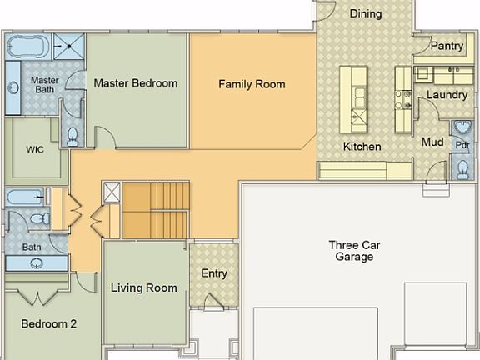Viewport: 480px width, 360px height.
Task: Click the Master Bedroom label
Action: click(135, 83)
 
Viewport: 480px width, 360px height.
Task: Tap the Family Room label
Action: click(252, 84)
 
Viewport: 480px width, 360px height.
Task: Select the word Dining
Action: click(366, 14)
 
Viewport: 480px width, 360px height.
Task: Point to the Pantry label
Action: click(447, 46)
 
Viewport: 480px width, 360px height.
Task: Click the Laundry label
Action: click(447, 95)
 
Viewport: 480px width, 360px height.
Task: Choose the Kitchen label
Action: click(362, 147)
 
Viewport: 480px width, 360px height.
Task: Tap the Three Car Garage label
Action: click(354, 251)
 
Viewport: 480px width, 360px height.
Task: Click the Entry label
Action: click(214, 273)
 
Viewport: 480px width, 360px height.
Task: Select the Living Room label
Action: click(144, 287)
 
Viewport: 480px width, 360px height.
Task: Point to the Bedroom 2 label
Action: click(48, 324)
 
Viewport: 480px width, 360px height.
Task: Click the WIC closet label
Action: click(35, 150)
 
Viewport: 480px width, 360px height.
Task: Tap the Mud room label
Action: click(432, 142)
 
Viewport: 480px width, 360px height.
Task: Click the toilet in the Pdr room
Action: click(462, 170)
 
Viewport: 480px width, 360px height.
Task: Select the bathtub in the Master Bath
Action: click(28, 47)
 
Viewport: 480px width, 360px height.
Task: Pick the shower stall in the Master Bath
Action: click(69, 46)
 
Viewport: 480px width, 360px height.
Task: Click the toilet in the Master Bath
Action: click(72, 137)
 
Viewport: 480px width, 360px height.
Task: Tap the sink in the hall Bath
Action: click(37, 263)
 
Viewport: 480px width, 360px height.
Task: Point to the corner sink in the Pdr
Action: click(462, 127)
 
